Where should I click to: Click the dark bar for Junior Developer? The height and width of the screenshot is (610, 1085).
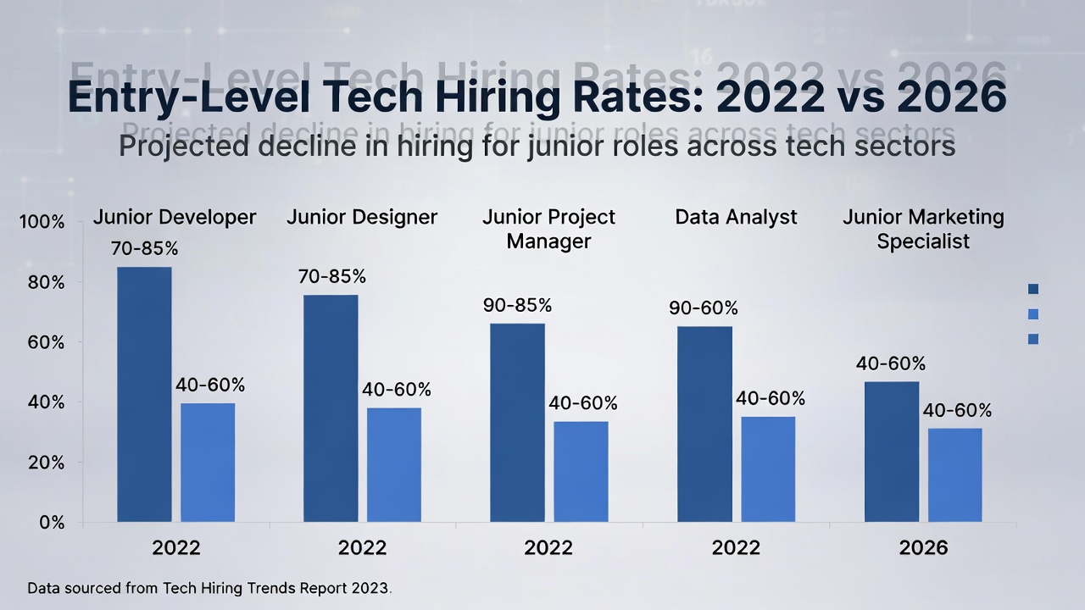point(144,394)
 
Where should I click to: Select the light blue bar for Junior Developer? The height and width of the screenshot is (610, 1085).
point(208,462)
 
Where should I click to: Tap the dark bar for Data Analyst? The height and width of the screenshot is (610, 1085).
point(704,424)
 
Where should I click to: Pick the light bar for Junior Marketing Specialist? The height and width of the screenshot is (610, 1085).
point(954,474)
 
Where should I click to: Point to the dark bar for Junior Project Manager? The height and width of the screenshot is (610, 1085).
point(517,422)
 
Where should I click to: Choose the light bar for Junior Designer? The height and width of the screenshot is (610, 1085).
point(394,464)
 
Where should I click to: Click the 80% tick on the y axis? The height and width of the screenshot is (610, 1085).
point(46,282)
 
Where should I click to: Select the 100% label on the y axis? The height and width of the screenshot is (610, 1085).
point(42,222)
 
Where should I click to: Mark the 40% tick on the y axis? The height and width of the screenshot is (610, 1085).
point(46,402)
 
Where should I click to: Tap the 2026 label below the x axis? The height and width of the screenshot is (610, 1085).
point(923,547)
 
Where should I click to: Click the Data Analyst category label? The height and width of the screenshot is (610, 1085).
point(736,217)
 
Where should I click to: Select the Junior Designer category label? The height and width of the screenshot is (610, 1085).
point(362,217)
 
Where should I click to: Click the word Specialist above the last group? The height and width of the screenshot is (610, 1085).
point(923,241)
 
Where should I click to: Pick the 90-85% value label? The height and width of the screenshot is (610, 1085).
point(517,305)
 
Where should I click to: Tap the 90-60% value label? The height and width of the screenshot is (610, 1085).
point(704,308)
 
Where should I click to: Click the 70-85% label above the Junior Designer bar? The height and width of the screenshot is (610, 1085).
point(331,277)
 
